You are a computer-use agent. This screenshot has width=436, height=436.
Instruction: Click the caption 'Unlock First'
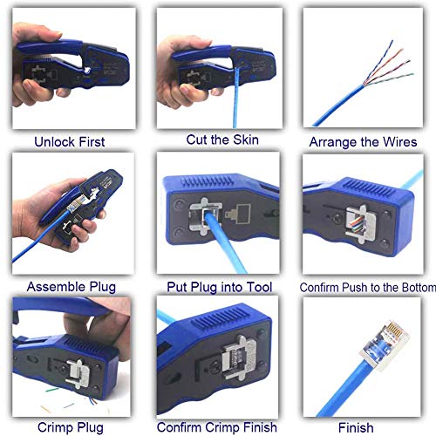(69, 140)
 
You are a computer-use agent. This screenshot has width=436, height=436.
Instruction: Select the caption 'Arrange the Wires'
(364, 142)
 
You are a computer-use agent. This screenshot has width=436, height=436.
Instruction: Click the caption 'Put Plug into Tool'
(219, 287)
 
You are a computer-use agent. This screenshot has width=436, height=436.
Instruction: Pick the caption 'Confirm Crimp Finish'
(218, 427)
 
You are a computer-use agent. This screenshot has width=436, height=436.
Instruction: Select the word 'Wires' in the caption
(398, 142)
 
